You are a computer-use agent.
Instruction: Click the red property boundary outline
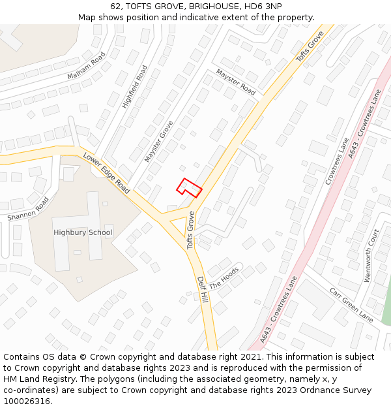[x=189, y=188]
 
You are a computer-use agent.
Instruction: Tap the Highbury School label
[x=83, y=232]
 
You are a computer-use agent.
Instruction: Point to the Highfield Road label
[x=135, y=87]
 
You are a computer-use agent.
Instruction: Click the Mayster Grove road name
[x=159, y=141]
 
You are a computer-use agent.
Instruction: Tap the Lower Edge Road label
[x=106, y=173]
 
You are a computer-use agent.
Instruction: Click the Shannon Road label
[x=28, y=208]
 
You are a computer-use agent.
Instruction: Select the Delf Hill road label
[x=203, y=289]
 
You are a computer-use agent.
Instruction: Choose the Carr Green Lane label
[x=351, y=305]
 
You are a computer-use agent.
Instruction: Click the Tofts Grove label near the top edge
[x=310, y=46]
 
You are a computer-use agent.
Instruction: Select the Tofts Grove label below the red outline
[x=191, y=230]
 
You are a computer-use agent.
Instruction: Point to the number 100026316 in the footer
[x=27, y=401]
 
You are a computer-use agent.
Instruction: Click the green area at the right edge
[x=386, y=304]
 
